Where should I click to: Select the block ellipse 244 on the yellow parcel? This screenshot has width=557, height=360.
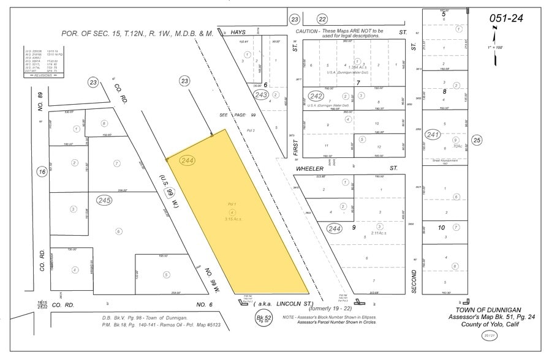pos(188,160)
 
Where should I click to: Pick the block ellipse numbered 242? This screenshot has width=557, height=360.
pos(316,96)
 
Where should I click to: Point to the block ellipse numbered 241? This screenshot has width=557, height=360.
pos(433,134)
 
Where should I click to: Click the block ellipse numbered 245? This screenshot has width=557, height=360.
pos(104,200)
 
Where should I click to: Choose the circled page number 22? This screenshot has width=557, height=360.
pos(322,20)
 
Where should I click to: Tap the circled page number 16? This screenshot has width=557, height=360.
pos(42,173)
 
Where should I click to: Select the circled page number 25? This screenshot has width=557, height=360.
pos(477,141)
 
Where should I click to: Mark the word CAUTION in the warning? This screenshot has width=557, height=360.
pos(307,31)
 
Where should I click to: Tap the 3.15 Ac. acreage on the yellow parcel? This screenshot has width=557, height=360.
pos(232,218)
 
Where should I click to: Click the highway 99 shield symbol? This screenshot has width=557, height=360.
pos(169,193)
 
